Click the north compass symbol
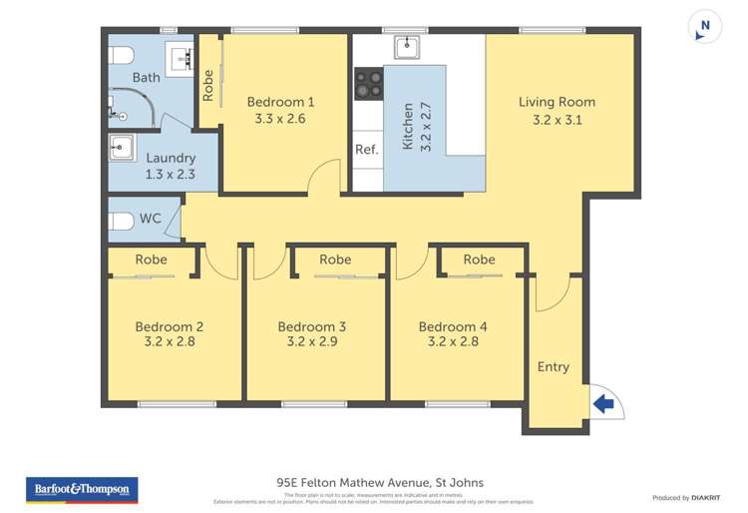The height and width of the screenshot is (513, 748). pos(706,27)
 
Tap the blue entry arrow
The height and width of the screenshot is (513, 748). pos(602,403)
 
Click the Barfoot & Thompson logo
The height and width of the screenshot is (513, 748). pos(82,490)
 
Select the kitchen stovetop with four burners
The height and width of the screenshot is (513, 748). pos(368,83)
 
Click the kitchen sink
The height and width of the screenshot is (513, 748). pos(408,47)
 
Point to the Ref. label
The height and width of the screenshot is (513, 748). pos(366,150)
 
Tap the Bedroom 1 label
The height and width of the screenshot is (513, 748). pos(281,102)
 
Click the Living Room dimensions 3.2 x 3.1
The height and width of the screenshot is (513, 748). pos(557,120)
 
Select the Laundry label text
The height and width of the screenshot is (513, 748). pos(171,158)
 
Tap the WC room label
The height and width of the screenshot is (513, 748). pos(151,219)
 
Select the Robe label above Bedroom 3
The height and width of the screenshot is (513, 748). pos(335,259)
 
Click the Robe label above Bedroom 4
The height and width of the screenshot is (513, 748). pos(479,259)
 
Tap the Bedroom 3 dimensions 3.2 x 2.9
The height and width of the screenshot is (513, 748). pos(313,344)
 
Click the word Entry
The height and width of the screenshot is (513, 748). pos(554,366)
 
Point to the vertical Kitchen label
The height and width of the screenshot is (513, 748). pos(408,127)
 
